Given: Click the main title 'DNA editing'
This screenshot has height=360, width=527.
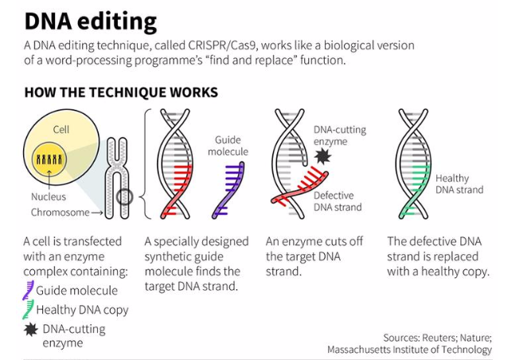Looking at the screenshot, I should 90,20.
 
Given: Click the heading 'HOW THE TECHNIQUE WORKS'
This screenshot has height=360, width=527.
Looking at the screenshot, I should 121,92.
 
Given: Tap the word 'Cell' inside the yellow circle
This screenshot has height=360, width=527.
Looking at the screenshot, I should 61,129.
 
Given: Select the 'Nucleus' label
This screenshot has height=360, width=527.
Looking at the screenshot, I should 49,196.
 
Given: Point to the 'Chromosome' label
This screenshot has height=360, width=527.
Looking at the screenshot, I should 60,213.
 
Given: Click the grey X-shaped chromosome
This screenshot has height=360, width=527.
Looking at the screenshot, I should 117,177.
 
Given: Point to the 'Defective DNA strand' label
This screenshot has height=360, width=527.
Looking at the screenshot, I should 338,202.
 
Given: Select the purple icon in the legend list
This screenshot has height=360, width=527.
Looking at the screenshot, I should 29,289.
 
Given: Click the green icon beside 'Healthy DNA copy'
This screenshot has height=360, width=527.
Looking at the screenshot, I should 29,309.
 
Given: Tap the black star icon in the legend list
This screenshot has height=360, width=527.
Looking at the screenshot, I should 30,329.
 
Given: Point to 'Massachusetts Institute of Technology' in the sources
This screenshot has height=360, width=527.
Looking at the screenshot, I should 409,349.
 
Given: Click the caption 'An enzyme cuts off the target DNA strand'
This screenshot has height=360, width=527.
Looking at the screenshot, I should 315,256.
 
